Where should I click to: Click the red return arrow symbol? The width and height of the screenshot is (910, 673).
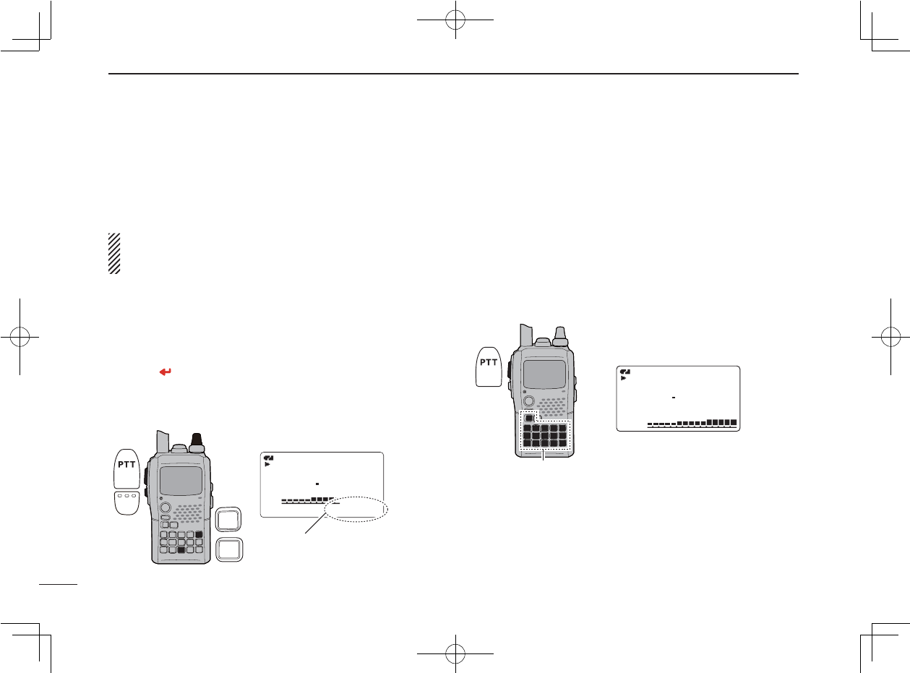click(166, 372)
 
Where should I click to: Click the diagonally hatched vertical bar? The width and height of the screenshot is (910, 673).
click(113, 253)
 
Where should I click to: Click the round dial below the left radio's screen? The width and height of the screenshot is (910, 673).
click(166, 507)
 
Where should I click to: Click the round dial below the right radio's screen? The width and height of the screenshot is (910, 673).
click(528, 401)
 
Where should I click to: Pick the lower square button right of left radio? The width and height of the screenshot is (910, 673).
click(229, 549)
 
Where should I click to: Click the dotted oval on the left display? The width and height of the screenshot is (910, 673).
click(357, 509)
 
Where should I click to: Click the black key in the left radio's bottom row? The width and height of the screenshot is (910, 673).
click(182, 550)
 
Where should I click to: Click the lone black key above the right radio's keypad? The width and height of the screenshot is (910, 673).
click(529, 419)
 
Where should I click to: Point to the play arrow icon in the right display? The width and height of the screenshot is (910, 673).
click(624, 377)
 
